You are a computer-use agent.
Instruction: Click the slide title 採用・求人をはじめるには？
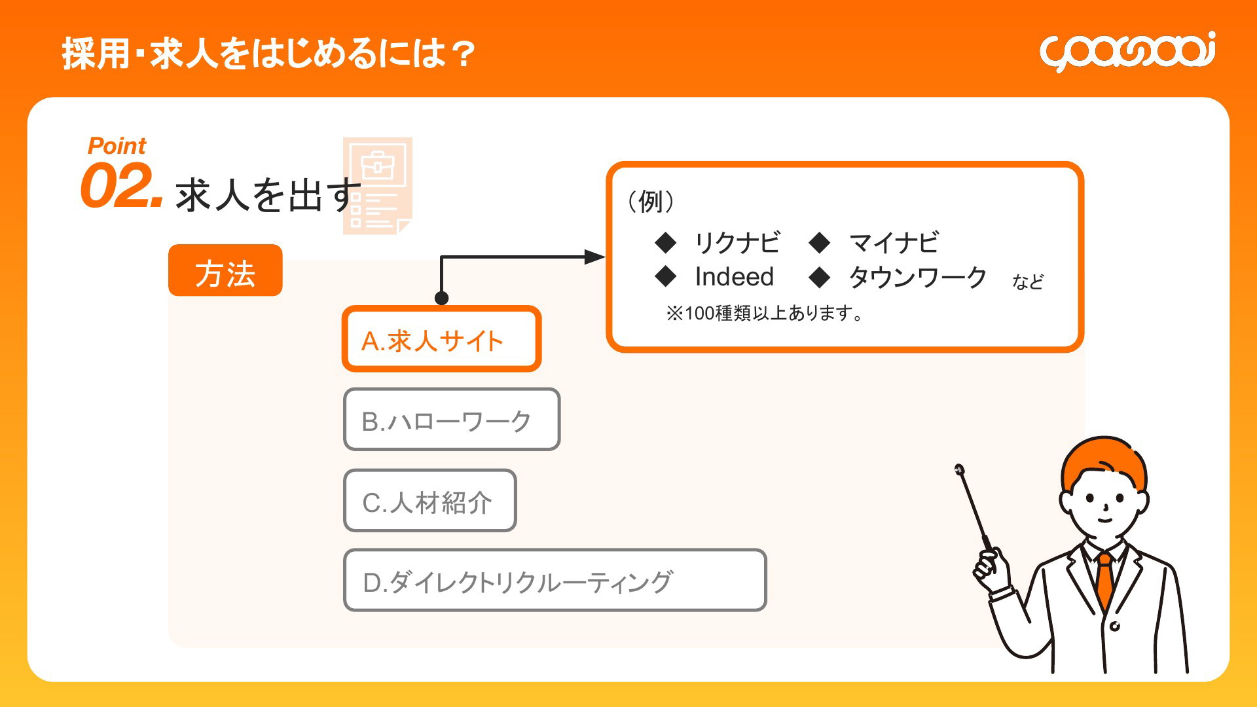click(268, 53)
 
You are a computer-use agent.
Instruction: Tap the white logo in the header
click(1127, 51)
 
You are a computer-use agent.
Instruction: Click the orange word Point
click(117, 146)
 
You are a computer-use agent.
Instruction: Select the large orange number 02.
click(121, 186)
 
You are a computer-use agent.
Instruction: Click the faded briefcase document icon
click(378, 186)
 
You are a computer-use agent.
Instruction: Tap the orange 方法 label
click(225, 270)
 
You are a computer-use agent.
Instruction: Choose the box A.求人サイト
click(441, 339)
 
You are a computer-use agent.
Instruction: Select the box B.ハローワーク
click(452, 420)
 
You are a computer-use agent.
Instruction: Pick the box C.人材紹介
click(429, 501)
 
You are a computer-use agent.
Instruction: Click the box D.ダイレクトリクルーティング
click(555, 581)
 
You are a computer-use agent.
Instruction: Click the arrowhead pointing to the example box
click(594, 257)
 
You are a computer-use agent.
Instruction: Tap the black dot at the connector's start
click(442, 299)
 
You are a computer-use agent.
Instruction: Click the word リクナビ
click(737, 243)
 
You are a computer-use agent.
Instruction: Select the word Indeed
click(735, 277)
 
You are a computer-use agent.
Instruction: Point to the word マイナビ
click(894, 243)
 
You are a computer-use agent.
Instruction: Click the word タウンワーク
click(918, 278)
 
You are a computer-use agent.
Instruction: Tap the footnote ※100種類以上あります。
click(765, 314)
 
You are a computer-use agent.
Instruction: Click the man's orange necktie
click(1105, 580)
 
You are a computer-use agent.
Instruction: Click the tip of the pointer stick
click(959, 469)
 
